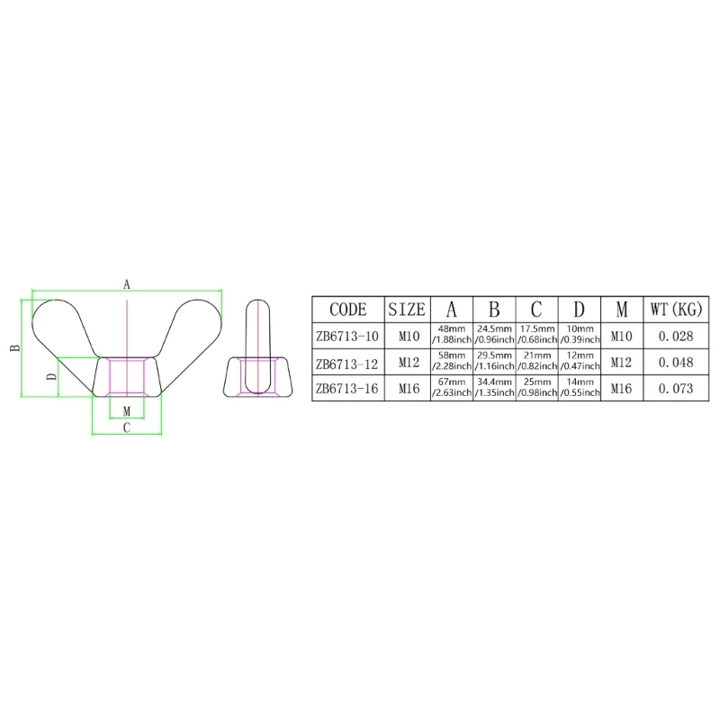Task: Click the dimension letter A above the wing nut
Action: [127, 284]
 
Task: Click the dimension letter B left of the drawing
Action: [15, 347]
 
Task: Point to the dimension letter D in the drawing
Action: [52, 376]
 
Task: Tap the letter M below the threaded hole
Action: [127, 411]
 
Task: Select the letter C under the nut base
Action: [127, 428]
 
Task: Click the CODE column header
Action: [348, 310]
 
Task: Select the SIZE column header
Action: [407, 310]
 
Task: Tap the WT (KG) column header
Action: [676, 310]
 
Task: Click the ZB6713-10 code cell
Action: [347, 337]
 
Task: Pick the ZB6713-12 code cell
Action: [347, 364]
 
